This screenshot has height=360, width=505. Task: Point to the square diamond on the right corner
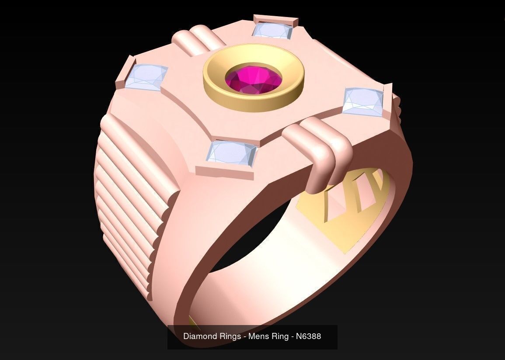click(363, 101)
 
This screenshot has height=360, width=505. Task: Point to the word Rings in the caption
click(229, 336)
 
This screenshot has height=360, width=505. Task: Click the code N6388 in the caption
click(308, 336)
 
